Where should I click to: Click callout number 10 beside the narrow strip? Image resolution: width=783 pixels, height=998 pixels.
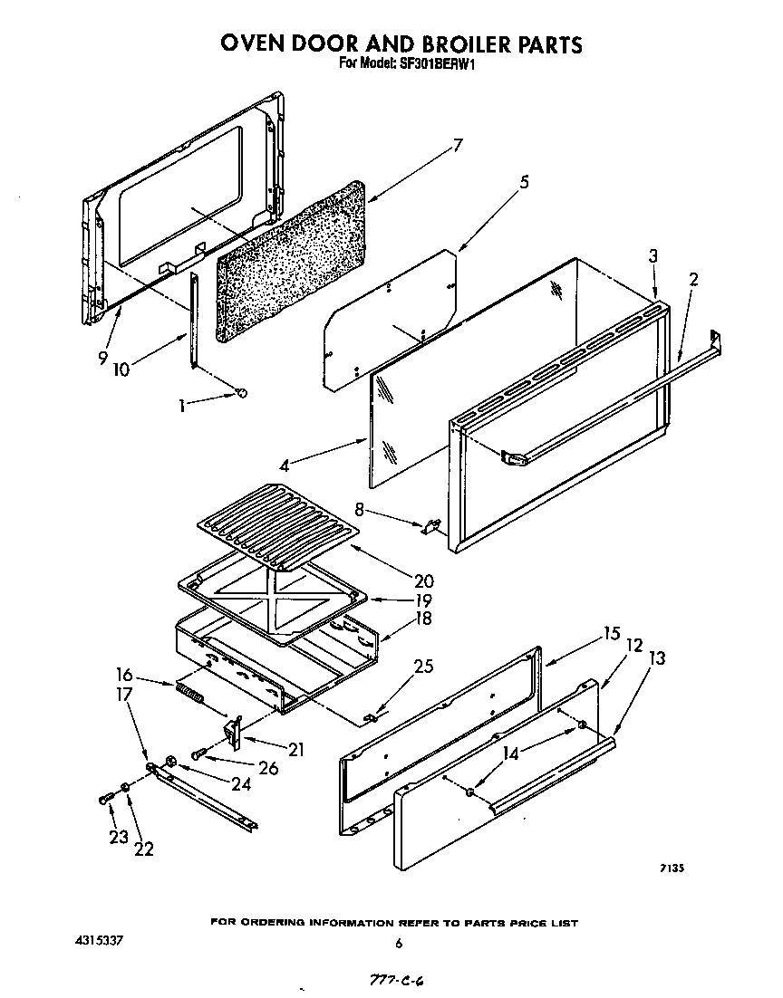tap(127, 370)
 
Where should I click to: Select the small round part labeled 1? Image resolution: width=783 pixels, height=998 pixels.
tap(241, 392)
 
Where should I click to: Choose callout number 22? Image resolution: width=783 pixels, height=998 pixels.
tap(143, 849)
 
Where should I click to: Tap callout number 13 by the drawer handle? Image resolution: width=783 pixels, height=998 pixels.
tap(658, 658)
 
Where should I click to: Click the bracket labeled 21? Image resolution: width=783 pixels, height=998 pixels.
tap(235, 729)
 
